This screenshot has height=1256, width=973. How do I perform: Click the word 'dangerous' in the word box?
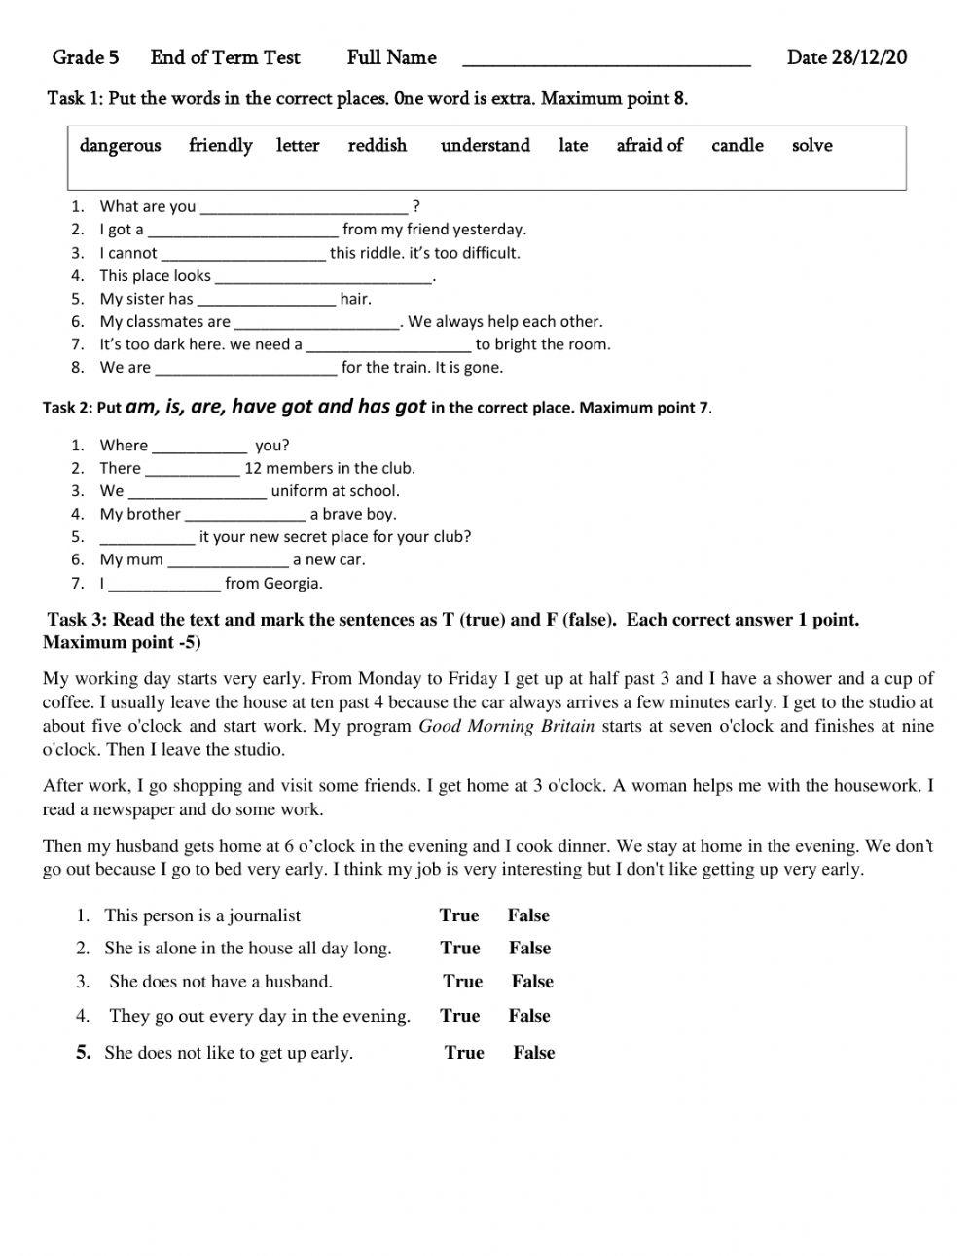tap(120, 146)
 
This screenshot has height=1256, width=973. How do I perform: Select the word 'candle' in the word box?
tap(737, 146)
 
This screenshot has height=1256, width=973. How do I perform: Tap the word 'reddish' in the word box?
tap(378, 146)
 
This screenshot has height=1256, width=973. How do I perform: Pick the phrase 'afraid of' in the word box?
tap(649, 146)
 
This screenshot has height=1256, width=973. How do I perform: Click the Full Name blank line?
tap(606, 60)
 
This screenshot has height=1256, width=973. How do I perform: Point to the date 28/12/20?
tap(869, 57)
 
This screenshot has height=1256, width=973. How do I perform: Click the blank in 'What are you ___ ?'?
tap(304, 207)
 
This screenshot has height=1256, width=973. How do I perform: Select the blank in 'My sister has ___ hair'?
tap(266, 300)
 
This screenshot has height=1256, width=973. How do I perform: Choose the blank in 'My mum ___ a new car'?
tap(228, 560)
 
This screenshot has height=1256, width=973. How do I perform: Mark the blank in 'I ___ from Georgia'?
tap(164, 585)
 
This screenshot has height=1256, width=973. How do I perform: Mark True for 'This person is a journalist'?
tap(459, 915)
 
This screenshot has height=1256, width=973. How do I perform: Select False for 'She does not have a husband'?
tap(532, 982)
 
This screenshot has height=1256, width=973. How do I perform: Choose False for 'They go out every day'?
tap(529, 1016)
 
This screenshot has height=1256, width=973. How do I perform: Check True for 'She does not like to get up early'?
tap(464, 1053)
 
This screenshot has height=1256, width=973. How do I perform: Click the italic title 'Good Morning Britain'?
tap(506, 727)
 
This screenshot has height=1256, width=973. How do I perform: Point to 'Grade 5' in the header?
tap(86, 57)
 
